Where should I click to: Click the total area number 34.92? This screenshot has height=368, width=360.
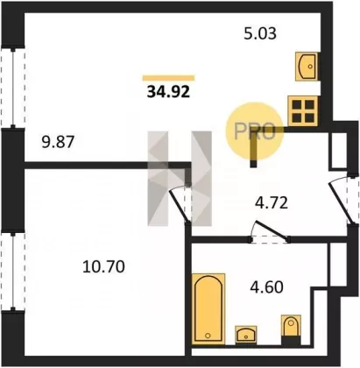168,92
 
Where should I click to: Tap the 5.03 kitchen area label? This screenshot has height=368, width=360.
260,33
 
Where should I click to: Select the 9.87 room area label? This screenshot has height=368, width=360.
59,142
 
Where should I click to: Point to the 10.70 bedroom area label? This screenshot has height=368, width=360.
103,266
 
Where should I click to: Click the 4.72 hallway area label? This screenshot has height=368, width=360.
272,203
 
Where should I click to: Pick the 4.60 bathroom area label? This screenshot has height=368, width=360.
266,287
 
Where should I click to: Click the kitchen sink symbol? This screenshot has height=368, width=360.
307,66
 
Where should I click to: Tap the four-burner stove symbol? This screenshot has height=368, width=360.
303,110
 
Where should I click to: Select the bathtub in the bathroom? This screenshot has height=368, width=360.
208,308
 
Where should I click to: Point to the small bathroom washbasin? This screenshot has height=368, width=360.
246,334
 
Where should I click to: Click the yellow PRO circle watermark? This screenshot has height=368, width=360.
255,131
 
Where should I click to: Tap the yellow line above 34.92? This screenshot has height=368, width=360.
168,78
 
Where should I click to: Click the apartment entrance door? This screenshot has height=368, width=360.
339,201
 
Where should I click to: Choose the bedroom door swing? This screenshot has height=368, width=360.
179,204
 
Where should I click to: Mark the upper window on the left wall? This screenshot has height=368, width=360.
13,88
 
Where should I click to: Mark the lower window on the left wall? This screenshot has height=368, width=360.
13,271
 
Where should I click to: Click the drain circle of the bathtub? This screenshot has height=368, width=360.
208,336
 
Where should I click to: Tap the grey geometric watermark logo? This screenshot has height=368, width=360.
180,179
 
